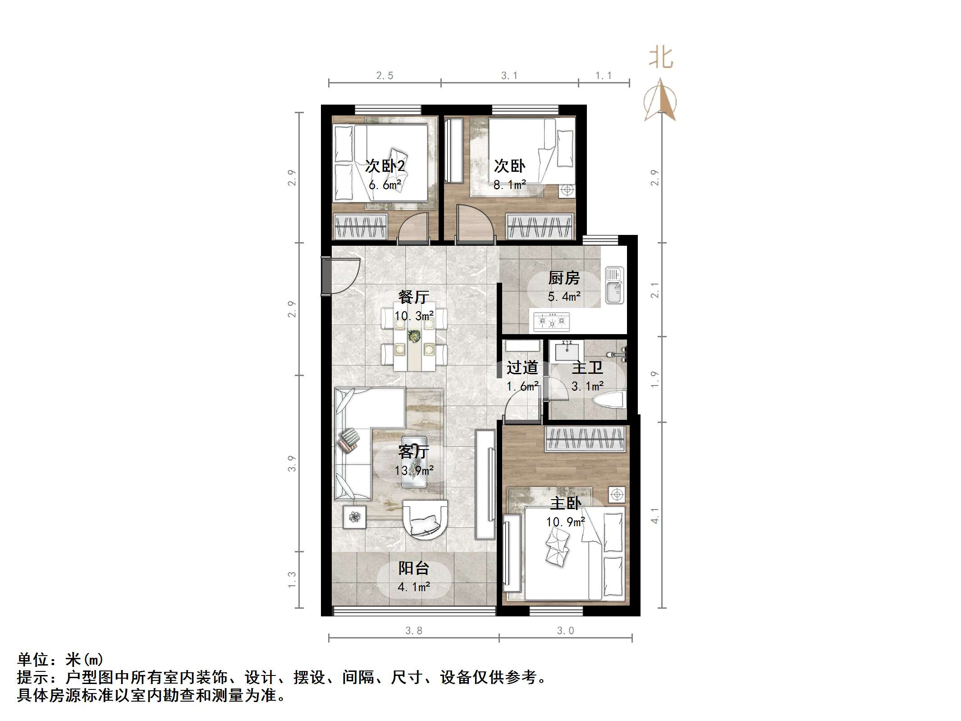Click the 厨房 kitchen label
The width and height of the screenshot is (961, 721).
(x=563, y=278)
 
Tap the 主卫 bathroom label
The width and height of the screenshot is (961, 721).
(x=587, y=368)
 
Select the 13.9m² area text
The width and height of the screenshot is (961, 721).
(x=414, y=471)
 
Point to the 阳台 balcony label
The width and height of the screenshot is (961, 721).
(x=413, y=568)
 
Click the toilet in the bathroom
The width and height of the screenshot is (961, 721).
(x=611, y=400)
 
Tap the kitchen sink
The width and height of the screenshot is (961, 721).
(x=614, y=285)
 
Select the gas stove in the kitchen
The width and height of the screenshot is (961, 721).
(x=552, y=321)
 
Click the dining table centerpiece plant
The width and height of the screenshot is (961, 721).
(x=414, y=335)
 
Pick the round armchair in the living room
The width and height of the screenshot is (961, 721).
(x=425, y=519)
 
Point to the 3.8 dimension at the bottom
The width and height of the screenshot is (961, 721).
(x=413, y=631)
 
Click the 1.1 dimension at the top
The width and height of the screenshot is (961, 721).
(x=603, y=76)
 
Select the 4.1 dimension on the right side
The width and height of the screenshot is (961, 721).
(x=655, y=515)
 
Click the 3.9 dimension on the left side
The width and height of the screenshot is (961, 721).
(x=292, y=464)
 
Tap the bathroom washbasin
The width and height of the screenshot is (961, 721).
(x=568, y=350)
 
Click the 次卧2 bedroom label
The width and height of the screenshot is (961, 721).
(x=384, y=166)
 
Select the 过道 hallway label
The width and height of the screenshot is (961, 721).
(x=522, y=368)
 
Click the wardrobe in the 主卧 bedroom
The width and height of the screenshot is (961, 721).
(x=585, y=439)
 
